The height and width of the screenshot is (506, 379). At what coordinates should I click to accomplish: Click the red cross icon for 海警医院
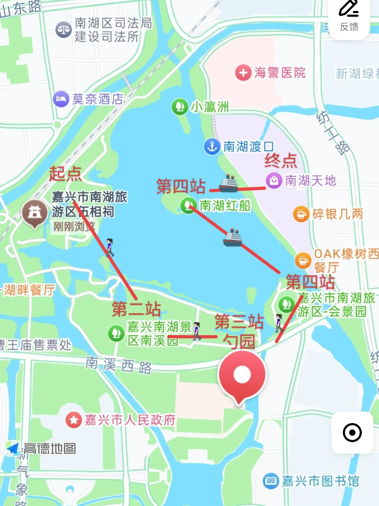pyautogui.click(x=243, y=73)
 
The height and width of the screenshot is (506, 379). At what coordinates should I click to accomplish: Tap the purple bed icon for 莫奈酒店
pyautogui.click(x=61, y=99)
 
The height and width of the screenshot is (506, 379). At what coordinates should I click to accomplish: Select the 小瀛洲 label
pyautogui.click(x=210, y=106)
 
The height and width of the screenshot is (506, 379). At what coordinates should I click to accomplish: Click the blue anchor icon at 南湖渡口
pyautogui.click(x=212, y=146)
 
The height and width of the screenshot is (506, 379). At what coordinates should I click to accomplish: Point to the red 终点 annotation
pyautogui.click(x=281, y=161)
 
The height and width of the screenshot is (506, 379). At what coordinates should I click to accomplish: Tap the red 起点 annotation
pyautogui.click(x=65, y=174)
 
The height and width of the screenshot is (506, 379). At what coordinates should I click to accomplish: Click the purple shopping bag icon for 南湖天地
pyautogui.click(x=274, y=181)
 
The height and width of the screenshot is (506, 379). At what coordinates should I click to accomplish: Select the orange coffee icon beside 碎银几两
pyautogui.click(x=301, y=214)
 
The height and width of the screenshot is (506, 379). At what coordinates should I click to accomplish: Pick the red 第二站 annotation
pyautogui.click(x=136, y=309)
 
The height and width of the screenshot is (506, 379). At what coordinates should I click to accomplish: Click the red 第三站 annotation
pyautogui.click(x=239, y=322)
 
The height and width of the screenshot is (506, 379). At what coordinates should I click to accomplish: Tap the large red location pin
pyautogui.click(x=242, y=375)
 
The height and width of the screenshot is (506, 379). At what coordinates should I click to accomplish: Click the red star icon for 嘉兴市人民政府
pyautogui.click(x=74, y=420)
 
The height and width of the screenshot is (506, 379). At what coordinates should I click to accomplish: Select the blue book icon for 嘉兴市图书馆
pyautogui.click(x=271, y=481)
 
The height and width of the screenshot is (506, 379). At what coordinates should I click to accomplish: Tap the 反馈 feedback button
pyautogui.click(x=349, y=18)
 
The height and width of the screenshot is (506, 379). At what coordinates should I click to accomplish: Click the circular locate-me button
pyautogui.click(x=352, y=433)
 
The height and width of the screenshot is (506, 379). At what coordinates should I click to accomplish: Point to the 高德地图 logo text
pyautogui.click(x=49, y=449)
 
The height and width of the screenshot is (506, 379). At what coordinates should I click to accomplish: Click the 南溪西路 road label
pyautogui.click(x=119, y=365)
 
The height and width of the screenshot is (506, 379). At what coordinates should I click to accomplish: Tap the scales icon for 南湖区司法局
pyautogui.click(x=64, y=30)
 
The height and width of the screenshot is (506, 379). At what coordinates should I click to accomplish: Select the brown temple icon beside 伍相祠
pyautogui.click(x=35, y=212)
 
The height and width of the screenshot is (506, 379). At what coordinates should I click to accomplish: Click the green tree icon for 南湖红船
pyautogui.click(x=188, y=205)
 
